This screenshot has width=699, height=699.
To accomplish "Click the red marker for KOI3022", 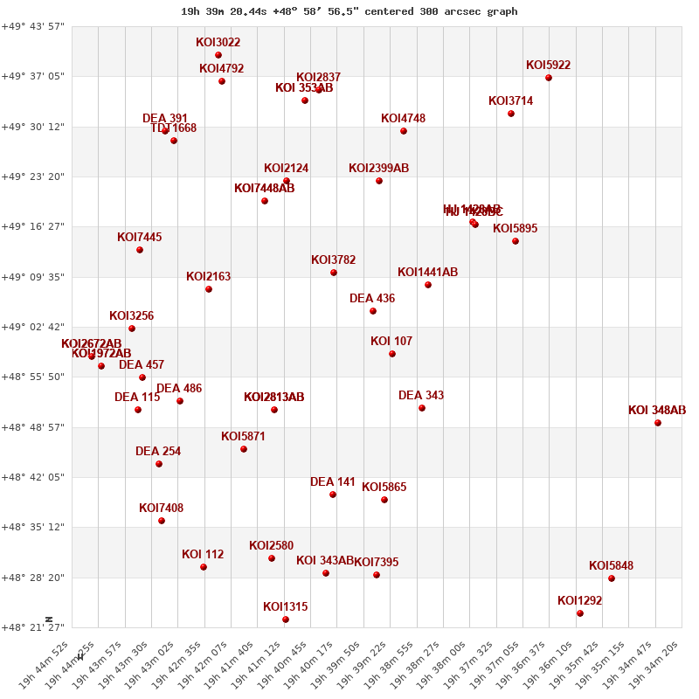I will (218, 55).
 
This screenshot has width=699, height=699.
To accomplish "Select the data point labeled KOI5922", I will (549, 78).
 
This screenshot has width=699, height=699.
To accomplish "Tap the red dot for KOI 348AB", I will (658, 423).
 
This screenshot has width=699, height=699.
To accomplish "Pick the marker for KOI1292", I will (580, 613).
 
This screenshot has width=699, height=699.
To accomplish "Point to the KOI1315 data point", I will (286, 619).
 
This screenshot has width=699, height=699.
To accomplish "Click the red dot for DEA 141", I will (333, 495).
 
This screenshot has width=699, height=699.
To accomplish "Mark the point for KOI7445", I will (140, 250).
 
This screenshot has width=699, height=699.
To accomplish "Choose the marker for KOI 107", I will (392, 354).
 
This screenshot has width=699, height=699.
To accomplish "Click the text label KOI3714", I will (510, 101).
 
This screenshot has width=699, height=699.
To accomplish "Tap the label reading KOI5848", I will (611, 566).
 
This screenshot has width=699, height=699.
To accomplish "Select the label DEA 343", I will (421, 396).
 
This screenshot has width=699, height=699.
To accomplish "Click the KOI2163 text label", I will (208, 277).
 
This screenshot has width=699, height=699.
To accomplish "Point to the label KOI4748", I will (403, 119).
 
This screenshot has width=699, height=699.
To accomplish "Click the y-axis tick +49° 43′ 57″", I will (35, 26).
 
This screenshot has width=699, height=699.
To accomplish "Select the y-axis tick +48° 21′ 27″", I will (35, 627).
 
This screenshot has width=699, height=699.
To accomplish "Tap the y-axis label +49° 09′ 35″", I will (35, 277).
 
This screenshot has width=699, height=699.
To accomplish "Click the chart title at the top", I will (349, 11).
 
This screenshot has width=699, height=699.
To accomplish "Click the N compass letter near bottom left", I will (50, 619).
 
